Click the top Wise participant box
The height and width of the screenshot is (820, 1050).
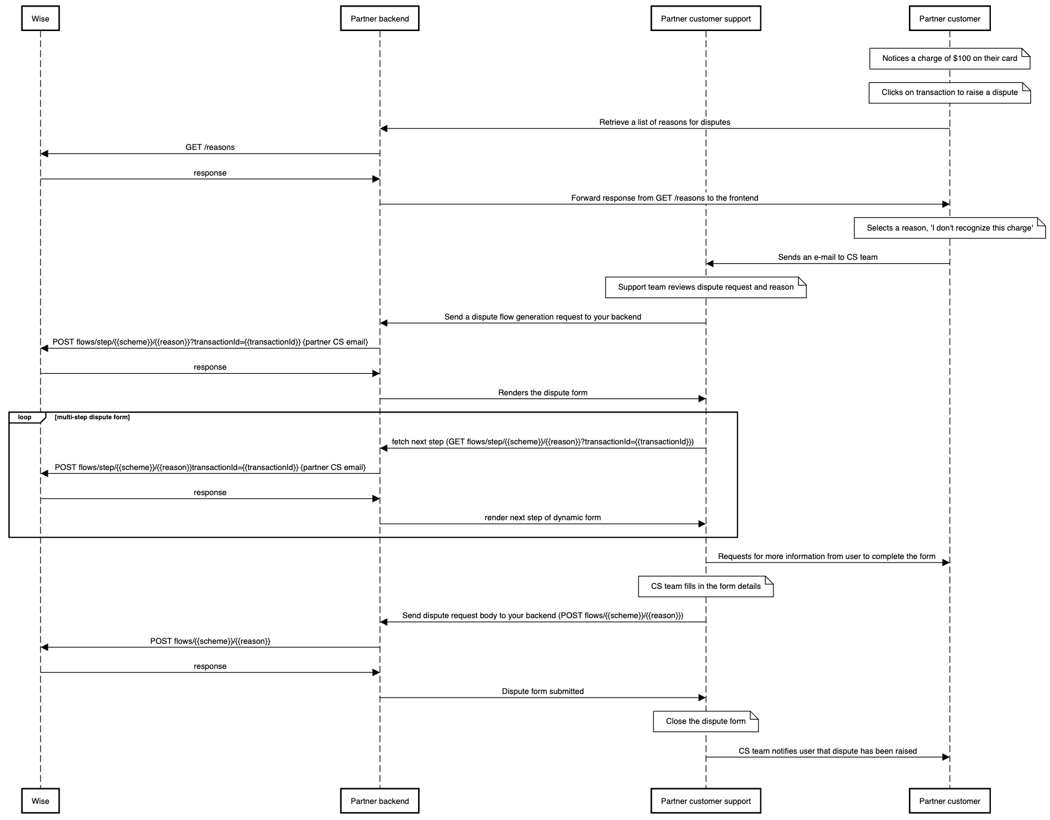click(40, 19)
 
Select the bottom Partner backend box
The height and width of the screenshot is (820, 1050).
click(379, 801)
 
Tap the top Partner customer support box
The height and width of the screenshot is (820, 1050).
click(705, 19)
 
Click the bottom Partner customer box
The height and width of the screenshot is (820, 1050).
click(949, 801)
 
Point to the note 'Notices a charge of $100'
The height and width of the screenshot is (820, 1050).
click(949, 59)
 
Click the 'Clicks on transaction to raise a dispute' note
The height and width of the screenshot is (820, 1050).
click(949, 93)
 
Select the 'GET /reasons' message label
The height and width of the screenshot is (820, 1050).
click(210, 148)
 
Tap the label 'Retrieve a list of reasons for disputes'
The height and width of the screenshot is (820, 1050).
click(664, 122)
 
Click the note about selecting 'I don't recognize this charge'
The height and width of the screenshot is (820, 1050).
click(949, 228)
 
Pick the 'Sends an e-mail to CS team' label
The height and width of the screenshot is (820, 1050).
click(827, 257)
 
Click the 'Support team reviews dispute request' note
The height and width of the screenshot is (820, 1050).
click(705, 287)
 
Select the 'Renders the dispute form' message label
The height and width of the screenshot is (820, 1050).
click(542, 393)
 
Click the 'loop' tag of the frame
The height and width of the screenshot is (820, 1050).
click(25, 417)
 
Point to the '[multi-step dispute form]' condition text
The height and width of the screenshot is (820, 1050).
click(92, 417)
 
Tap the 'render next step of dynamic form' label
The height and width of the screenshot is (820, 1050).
click(542, 518)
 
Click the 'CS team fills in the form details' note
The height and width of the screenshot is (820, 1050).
click(705, 586)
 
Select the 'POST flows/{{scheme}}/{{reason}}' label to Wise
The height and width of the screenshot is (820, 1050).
click(210, 641)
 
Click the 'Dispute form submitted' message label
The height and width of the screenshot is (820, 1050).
click(542, 692)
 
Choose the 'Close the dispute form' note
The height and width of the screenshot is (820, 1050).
click(705, 721)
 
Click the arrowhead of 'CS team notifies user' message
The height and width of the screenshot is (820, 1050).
click(945, 757)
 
